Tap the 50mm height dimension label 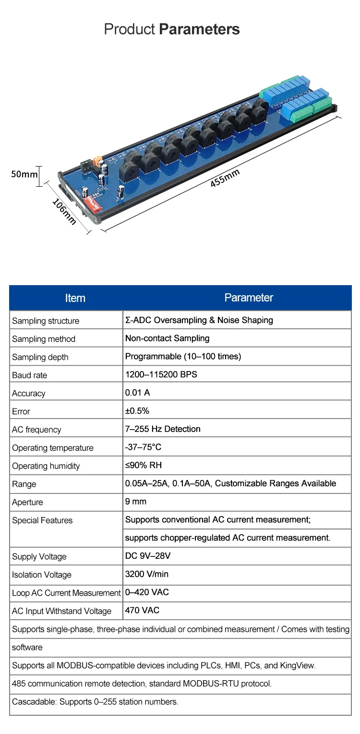[x=24, y=174]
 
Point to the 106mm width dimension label [x=64, y=211]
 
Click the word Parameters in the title [x=199, y=29]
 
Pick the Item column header [x=75, y=298]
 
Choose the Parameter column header [x=249, y=298]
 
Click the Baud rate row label [x=30, y=375]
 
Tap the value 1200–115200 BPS [x=161, y=374]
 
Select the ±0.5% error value [x=137, y=411]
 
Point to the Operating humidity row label [x=46, y=466]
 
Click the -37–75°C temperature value [x=143, y=447]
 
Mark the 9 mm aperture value [x=136, y=502]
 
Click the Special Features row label [x=42, y=520]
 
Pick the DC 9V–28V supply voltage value [x=148, y=556]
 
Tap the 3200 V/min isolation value [x=147, y=574]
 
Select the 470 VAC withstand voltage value [x=142, y=611]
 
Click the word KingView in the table [x=298, y=665]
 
